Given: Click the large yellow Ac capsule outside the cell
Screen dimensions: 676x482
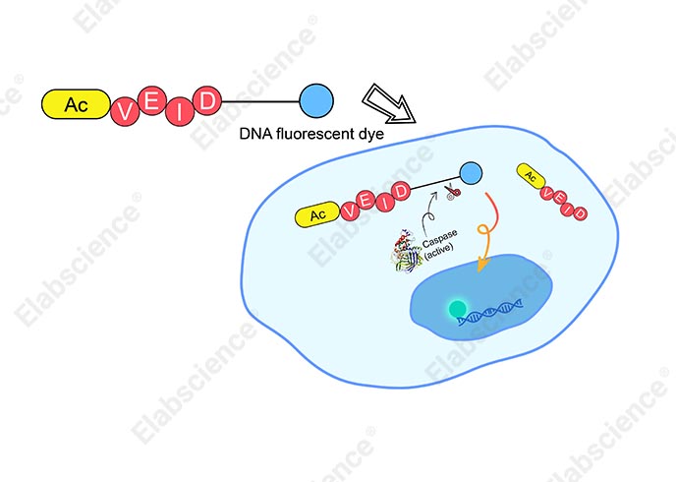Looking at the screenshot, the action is (x=76, y=104).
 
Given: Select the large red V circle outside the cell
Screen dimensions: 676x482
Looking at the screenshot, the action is (x=125, y=112).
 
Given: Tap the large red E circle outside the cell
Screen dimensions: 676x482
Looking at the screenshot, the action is (x=151, y=100).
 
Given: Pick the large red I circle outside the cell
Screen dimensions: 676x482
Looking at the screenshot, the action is (x=180, y=111).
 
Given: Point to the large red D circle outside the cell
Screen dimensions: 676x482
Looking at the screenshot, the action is (x=207, y=100).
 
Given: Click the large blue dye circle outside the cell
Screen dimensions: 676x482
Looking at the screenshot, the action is (x=316, y=100).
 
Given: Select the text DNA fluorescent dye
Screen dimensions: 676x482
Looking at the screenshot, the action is (x=311, y=134).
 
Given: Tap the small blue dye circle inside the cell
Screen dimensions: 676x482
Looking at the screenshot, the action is (x=471, y=173).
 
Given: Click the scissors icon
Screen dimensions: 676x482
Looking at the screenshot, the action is (x=452, y=192).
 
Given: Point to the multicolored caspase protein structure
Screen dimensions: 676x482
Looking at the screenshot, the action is (x=406, y=251).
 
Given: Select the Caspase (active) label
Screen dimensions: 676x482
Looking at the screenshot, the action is (x=440, y=244).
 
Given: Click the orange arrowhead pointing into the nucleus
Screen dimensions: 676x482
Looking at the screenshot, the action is (x=482, y=264).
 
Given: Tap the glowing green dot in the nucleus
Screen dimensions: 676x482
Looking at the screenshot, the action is (x=458, y=309).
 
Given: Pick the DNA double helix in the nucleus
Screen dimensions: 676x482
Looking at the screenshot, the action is (x=490, y=313).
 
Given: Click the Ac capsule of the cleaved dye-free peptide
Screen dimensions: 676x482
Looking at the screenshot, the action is (x=531, y=176).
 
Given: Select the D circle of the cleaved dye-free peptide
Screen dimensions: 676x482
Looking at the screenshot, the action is (x=580, y=213).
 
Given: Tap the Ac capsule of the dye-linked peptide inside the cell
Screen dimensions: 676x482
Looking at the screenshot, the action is (x=317, y=214).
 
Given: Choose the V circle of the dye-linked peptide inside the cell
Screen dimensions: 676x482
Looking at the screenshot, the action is (x=350, y=211).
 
